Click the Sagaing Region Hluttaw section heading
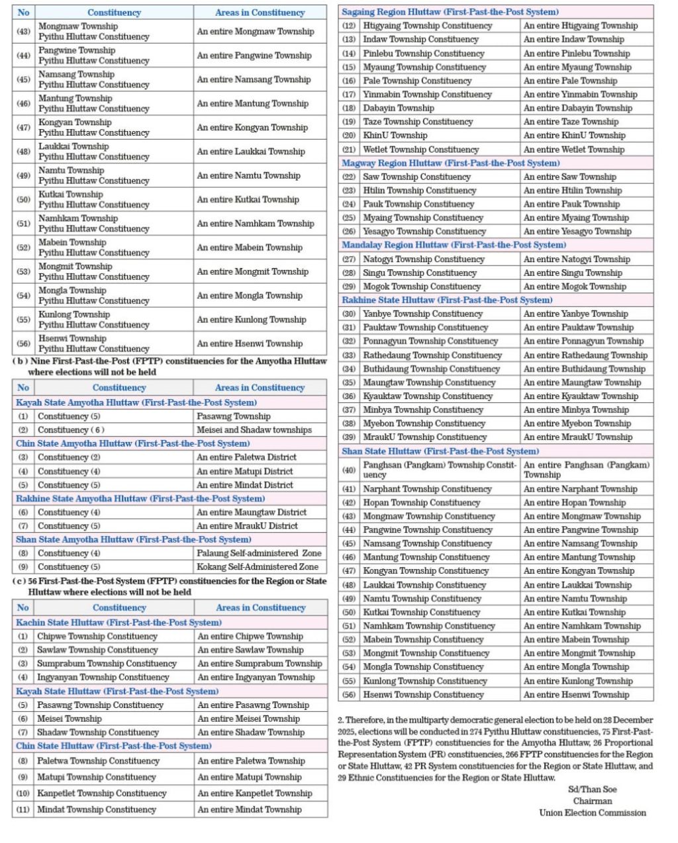pyautogui.click(x=450, y=12)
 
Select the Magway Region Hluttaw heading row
pyautogui.click(x=450, y=163)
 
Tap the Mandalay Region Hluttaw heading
pyautogui.click(x=454, y=245)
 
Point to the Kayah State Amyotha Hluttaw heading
pyautogui.click(x=136, y=402)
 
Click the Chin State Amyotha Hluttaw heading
pyautogui.click(x=132, y=443)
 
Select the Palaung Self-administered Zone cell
pyautogui.click(x=259, y=553)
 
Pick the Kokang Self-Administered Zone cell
pyautogui.click(x=257, y=567)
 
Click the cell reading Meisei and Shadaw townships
pyautogui.click(x=254, y=430)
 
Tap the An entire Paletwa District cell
pyautogui.click(x=246, y=457)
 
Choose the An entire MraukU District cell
pyautogui.click(x=247, y=526)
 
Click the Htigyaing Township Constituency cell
pyautogui.click(x=427, y=26)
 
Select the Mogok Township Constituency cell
pyautogui.click(x=421, y=287)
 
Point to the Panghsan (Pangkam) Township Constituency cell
pyautogui.click(x=439, y=470)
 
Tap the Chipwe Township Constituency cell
pyautogui.click(x=97, y=637)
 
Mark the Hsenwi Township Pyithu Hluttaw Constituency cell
pyautogui.click(x=93, y=343)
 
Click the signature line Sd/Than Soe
pyautogui.click(x=592, y=789)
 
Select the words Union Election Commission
pyautogui.click(x=592, y=813)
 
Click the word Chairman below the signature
pyautogui.click(x=593, y=801)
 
